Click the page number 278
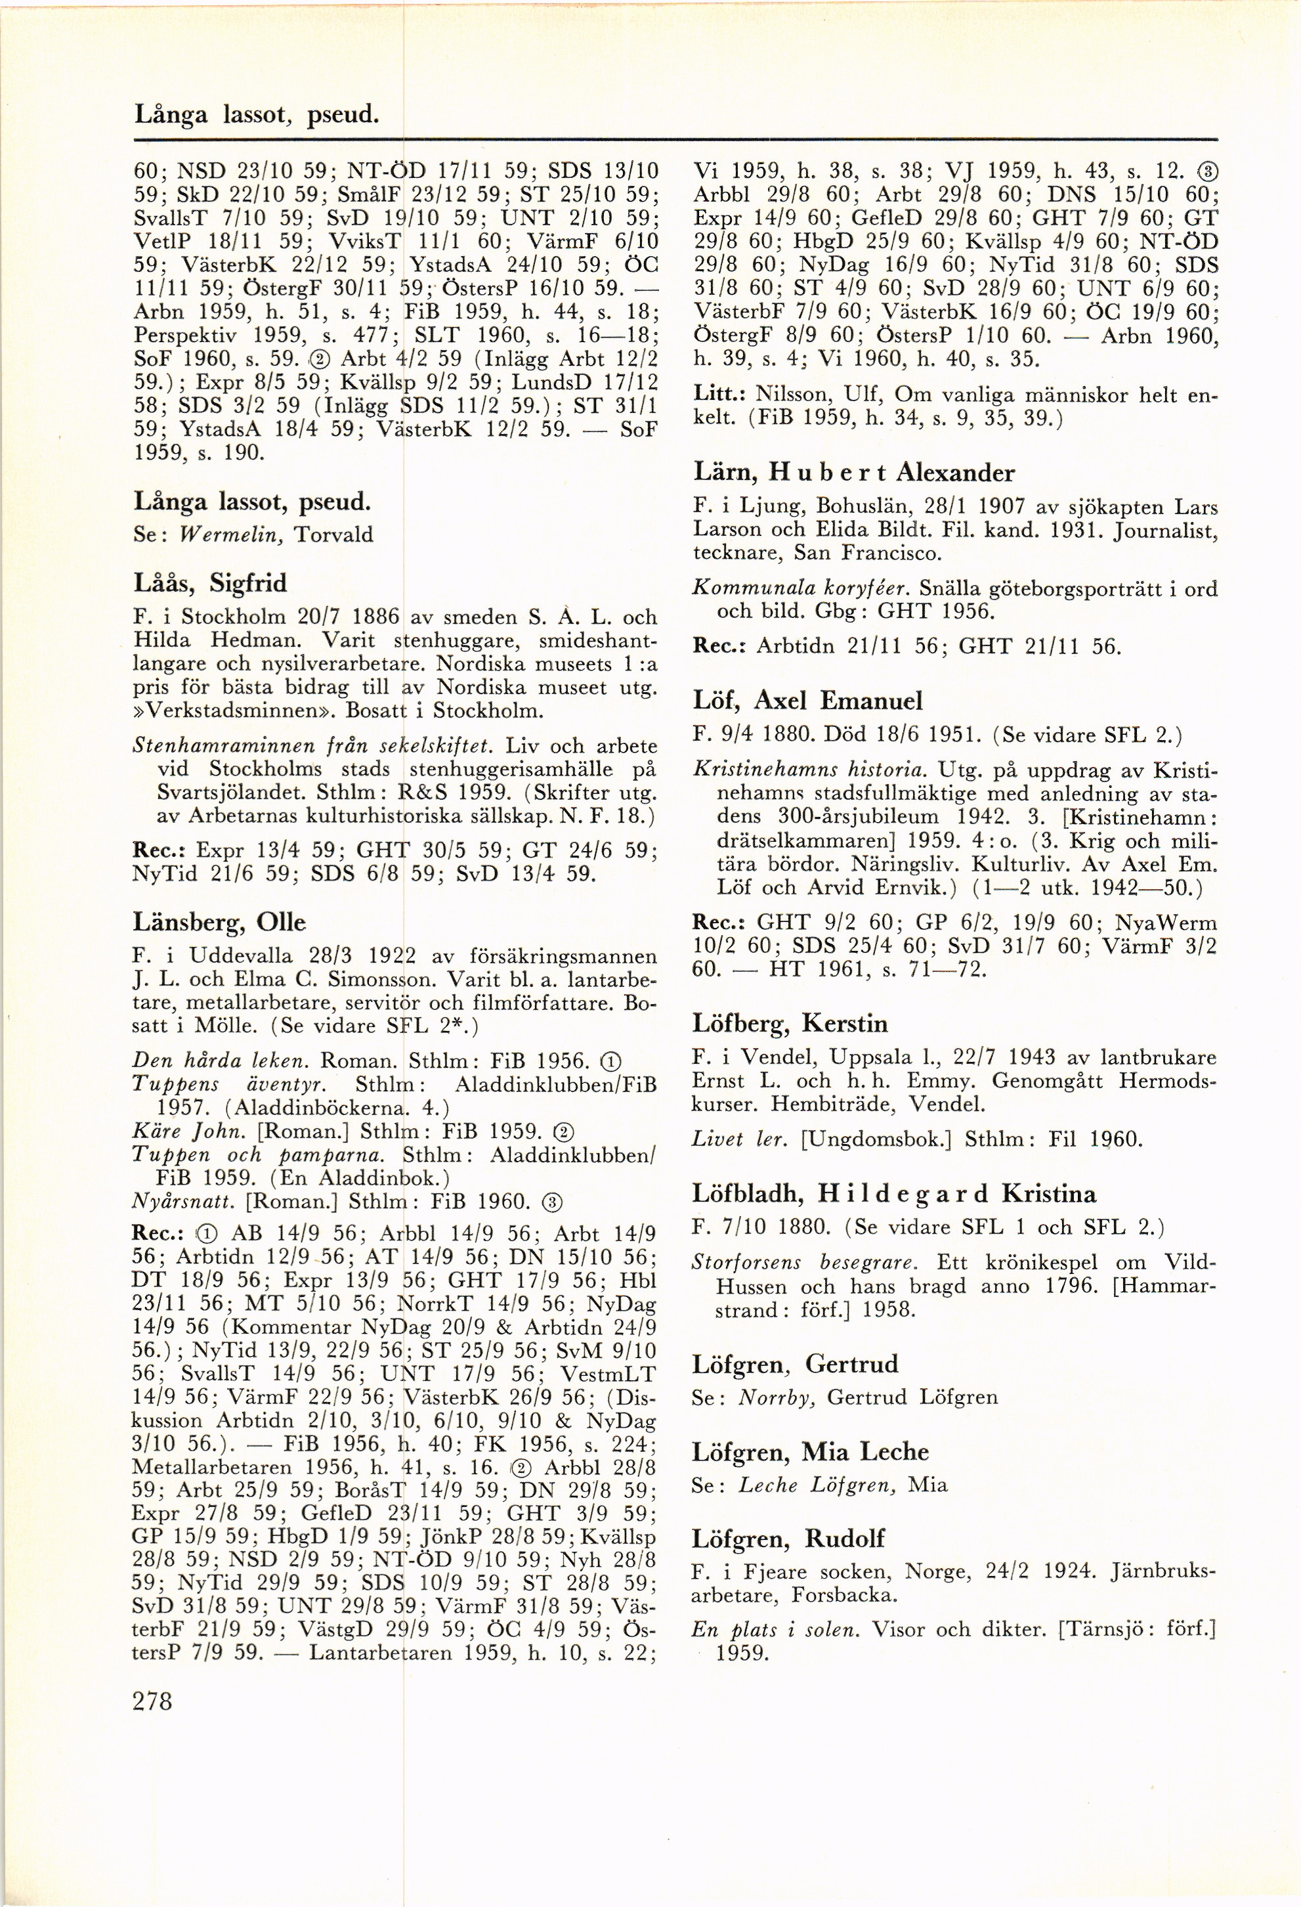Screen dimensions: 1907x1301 tap(152, 1700)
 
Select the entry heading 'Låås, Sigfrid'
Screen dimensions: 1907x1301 tap(210, 583)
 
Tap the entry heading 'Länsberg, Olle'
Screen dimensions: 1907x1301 tap(219, 923)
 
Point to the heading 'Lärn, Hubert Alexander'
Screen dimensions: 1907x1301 tap(853, 473)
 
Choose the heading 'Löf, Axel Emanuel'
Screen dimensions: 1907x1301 tap(807, 700)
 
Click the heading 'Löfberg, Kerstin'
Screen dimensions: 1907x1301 tap(790, 1023)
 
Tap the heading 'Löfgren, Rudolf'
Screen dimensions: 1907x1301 tap(788, 1538)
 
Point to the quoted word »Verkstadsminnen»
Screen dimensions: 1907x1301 tap(234, 709)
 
